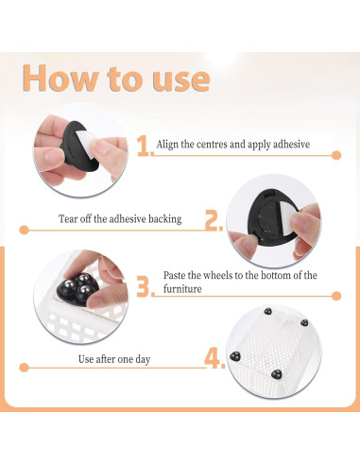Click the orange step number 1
pos(144,146)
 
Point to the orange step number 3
pos(144,286)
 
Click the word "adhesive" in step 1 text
pos(291,145)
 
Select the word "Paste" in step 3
pos(174,275)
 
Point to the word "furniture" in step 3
pos(182,289)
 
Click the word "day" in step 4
pos(143,360)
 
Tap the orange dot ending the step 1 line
pos(336,155)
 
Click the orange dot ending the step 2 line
pos(24,230)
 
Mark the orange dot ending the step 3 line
pos(336,296)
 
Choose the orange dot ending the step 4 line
pos(24,368)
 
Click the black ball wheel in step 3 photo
pos(76,288)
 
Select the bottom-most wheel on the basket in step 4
pos(277,374)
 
